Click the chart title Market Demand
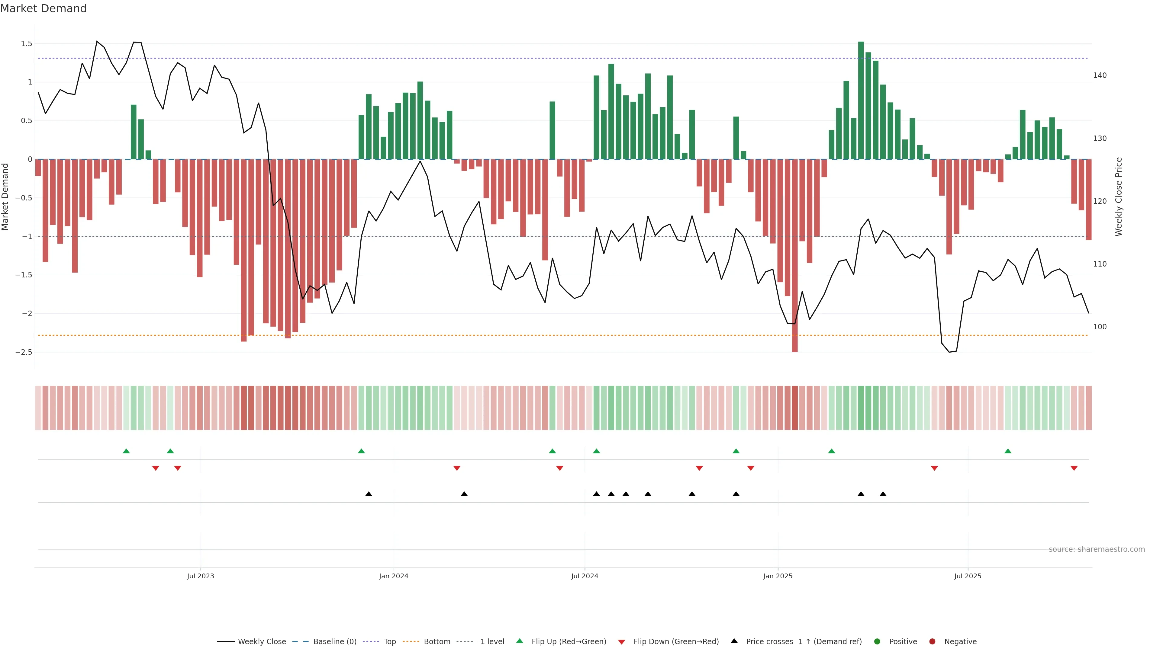(x=43, y=8)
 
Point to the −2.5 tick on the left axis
(x=24, y=352)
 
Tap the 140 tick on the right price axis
(x=1099, y=75)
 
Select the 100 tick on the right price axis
(x=1099, y=327)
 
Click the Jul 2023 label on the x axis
(x=200, y=576)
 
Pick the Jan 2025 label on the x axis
(x=777, y=576)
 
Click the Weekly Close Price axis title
(x=1119, y=197)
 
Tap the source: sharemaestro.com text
(x=1097, y=549)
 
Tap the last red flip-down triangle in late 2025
(x=1074, y=468)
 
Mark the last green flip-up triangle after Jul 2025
(x=1008, y=451)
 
